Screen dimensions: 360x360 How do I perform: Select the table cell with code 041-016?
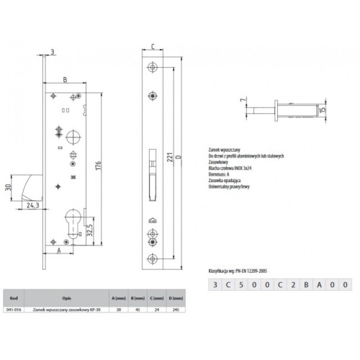click(14, 307)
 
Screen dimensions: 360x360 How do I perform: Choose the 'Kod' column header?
click(14, 296)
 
